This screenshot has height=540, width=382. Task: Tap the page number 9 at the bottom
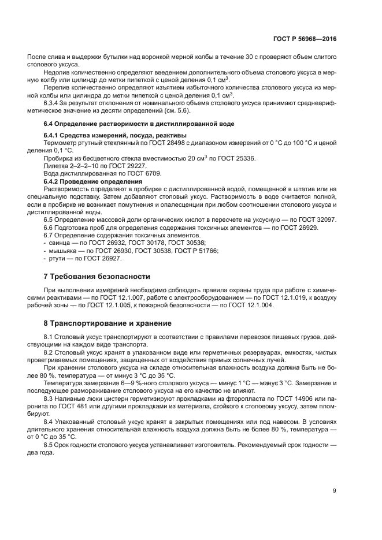(x=334, y=491)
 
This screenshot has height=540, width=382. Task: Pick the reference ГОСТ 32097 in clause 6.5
(x=317, y=221)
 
